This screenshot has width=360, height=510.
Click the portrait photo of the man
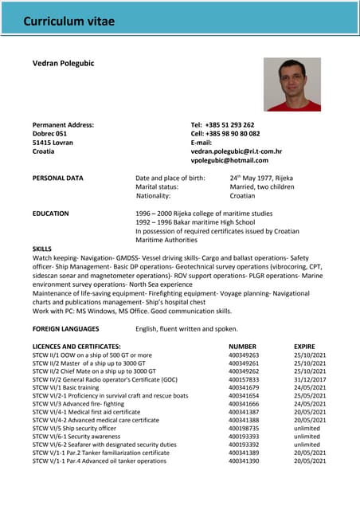click(292, 84)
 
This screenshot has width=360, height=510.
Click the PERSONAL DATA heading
click(57, 178)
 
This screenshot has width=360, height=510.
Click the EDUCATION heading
click(50, 214)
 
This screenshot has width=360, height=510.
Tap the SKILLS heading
click(41, 249)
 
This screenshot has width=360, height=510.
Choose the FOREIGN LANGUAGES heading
click(71, 328)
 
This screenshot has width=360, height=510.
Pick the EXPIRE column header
click(304, 347)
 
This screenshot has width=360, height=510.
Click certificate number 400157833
click(244, 379)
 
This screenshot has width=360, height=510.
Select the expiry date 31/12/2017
click(310, 379)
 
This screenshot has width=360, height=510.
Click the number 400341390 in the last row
click(244, 461)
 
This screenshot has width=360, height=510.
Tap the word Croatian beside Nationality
click(243, 195)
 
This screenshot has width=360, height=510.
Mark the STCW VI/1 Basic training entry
click(65, 387)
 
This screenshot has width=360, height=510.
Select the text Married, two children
click(262, 186)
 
